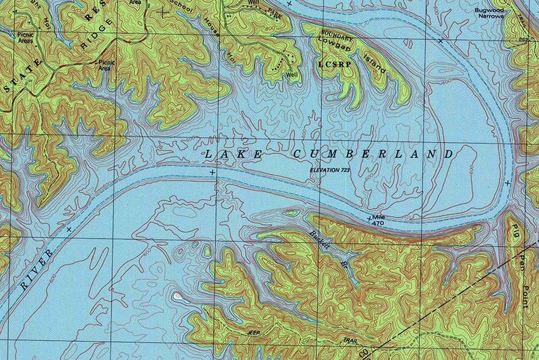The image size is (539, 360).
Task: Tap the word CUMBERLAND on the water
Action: [373, 155]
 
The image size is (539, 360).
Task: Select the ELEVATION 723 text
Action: [333, 169]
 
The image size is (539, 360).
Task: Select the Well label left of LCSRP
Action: [292, 74]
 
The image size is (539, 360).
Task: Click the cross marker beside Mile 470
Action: [369, 219]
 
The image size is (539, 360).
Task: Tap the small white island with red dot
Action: [178, 296]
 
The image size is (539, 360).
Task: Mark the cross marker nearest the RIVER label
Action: [69, 230]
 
